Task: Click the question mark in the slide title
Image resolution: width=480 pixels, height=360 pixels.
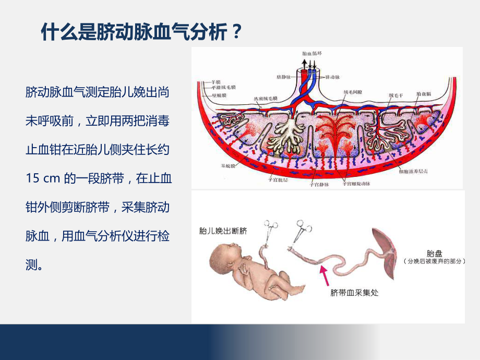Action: pyautogui.click(x=236, y=33)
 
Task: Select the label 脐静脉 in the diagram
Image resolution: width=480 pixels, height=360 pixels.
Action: pyautogui.click(x=290, y=77)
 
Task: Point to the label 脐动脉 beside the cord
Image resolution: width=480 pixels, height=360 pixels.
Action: pyautogui.click(x=333, y=77)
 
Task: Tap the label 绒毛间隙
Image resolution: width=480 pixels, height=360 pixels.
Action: pyautogui.click(x=353, y=92)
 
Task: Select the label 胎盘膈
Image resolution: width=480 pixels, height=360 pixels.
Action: pyautogui.click(x=424, y=94)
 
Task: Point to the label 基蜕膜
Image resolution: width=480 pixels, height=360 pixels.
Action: pyautogui.click(x=228, y=166)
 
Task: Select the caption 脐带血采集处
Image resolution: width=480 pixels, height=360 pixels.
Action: pyautogui.click(x=354, y=292)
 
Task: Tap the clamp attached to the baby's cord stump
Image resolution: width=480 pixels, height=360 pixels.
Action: pyautogui.click(x=271, y=232)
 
